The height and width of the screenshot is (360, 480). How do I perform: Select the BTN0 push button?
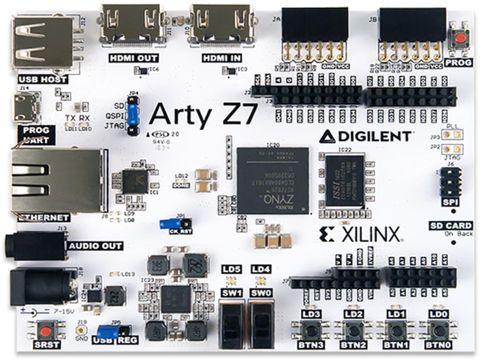coord(438,330)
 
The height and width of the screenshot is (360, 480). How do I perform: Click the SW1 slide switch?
coord(231,323)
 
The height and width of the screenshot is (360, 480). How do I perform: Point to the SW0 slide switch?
coord(260,323)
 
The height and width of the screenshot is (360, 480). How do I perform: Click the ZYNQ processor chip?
coord(272,180)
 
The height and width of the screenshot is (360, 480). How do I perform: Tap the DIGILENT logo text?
coord(366,136)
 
